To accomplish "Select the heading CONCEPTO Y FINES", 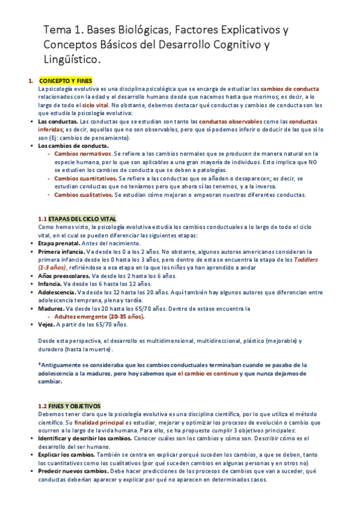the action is click(x=66, y=81).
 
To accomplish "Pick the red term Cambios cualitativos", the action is click(x=84, y=195).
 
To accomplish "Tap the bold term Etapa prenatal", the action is click(x=59, y=243).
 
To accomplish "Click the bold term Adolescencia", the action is click(x=56, y=292).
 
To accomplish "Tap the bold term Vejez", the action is click(x=46, y=324).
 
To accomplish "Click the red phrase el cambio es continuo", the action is click(x=207, y=373).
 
